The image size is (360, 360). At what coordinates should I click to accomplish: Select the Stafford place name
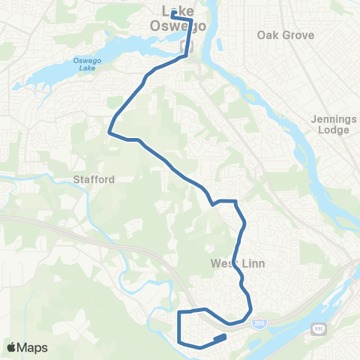94,180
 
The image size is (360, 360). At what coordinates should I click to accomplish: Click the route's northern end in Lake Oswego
172,13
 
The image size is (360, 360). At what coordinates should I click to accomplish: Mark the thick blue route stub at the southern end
220,338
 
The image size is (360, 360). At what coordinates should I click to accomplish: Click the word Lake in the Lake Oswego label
175,10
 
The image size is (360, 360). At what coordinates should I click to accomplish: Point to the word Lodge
334,130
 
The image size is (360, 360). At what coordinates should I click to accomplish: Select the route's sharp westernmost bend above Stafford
109,132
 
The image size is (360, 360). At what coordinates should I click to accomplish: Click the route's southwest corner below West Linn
179,341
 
